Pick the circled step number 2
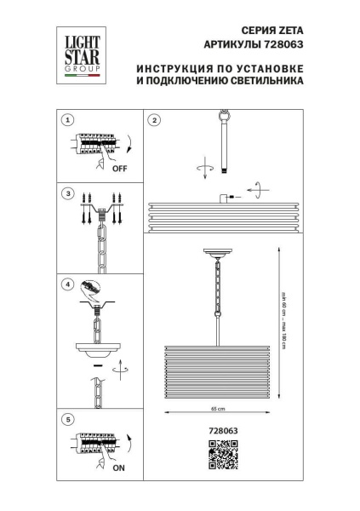click(x=154, y=121)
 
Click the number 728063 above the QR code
click(x=223, y=431)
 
